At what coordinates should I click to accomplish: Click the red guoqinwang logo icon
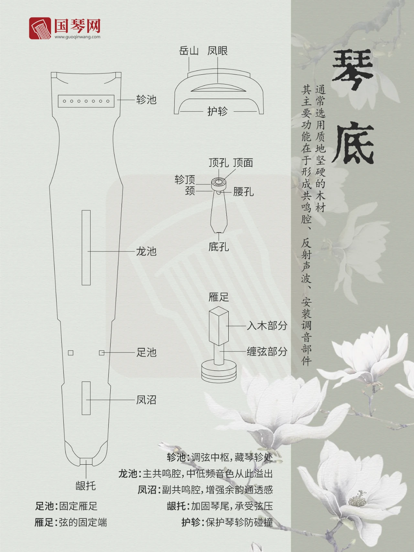pyautogui.click(x=40, y=28)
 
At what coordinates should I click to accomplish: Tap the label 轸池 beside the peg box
pyautogui.click(x=146, y=100)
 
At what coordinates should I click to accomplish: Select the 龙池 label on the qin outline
pyautogui.click(x=146, y=251)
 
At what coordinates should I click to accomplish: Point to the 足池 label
pyautogui.click(x=146, y=352)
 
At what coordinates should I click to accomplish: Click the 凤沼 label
pyautogui.click(x=146, y=400)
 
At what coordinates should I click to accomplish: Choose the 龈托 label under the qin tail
pyautogui.click(x=86, y=486)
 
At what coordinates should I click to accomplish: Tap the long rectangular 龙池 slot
pyautogui.click(x=86, y=248)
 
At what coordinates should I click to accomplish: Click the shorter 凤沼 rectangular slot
pyautogui.click(x=86, y=398)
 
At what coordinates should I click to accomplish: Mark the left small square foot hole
pyautogui.click(x=71, y=353)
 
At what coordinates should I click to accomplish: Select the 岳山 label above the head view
pyautogui.click(x=189, y=51)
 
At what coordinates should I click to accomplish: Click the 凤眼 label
pyautogui.click(x=218, y=51)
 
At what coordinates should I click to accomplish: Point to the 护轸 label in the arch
pyautogui.click(x=217, y=111)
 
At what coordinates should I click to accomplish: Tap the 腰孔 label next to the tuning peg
pyautogui.click(x=243, y=192)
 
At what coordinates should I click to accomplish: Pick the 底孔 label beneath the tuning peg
pyautogui.click(x=219, y=247)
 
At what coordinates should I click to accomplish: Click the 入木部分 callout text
pyautogui.click(x=267, y=326)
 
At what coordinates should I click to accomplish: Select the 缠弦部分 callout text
pyautogui.click(x=267, y=352)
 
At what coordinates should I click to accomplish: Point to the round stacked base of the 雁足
pyautogui.click(x=219, y=370)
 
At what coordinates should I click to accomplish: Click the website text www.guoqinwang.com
pyautogui.click(x=77, y=37)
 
